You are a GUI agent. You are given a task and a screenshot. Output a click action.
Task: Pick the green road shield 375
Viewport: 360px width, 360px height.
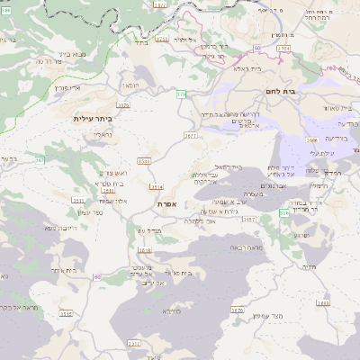pyautogui.click(x=181, y=93)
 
